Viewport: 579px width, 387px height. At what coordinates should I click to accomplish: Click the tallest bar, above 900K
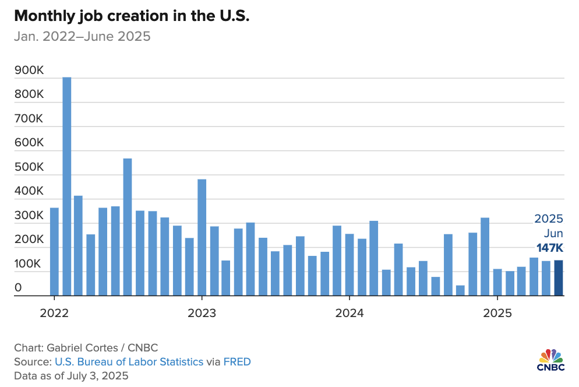[x=67, y=187]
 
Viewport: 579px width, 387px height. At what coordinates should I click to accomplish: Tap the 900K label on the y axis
[x=29, y=71]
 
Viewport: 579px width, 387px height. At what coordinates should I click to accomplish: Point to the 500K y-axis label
[x=29, y=167]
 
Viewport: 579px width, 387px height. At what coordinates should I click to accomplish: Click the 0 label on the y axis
[x=19, y=287]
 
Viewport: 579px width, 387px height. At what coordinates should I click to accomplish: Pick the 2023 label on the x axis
[x=202, y=313]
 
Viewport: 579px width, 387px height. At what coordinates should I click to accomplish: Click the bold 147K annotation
[x=550, y=249]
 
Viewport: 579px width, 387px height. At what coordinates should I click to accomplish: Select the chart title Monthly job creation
[x=132, y=16]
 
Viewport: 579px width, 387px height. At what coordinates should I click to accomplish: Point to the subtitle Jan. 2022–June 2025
[x=82, y=37]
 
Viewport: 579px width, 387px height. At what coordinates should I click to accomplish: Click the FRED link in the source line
[x=236, y=362]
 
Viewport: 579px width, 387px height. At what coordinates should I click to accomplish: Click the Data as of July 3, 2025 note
[x=71, y=376]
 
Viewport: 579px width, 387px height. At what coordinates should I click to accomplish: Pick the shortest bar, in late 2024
[x=460, y=290]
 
